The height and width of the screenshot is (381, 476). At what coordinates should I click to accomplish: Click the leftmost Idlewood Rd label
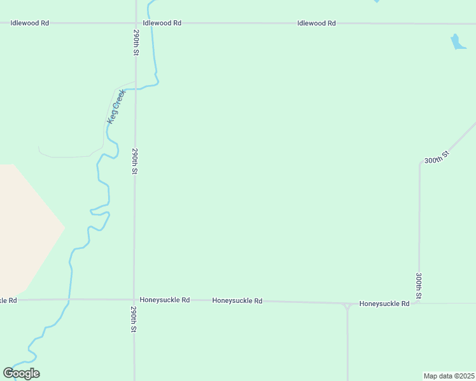pos(30,23)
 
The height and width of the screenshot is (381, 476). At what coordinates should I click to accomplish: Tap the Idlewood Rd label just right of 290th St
pos(162,23)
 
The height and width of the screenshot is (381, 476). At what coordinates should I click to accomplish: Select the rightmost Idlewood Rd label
pos(316,23)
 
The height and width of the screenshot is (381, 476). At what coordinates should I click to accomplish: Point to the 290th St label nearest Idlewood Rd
pos(136,41)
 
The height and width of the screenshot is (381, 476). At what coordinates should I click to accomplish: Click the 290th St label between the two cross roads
pos(135,162)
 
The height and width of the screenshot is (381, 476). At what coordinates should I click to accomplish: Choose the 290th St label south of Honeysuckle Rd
pos(134,320)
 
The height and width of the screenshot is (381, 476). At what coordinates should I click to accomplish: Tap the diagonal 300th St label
pos(437,156)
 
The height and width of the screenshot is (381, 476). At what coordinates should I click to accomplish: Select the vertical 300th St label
pos(419,286)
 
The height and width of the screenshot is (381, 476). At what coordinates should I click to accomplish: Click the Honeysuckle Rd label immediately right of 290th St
pos(165,300)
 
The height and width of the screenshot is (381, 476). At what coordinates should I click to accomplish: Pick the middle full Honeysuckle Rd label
pos(237,301)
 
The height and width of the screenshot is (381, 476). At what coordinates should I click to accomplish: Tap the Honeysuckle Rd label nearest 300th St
pos(384,304)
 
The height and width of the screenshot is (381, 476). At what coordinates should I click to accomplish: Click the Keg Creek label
pos(116,106)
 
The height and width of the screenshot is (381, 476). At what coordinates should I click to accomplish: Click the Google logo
pos(21,373)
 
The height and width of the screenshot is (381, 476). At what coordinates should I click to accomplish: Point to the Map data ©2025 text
pos(449,376)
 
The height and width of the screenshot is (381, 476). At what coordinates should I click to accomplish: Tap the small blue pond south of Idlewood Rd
pos(458,42)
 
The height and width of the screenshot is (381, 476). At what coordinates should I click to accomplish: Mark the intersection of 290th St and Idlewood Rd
pos(136,23)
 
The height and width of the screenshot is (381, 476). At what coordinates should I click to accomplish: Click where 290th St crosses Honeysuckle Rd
pos(134,300)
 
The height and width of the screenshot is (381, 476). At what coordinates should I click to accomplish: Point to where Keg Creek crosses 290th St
pos(136,89)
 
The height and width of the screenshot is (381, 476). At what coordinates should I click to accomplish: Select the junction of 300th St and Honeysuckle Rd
pos(419,304)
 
